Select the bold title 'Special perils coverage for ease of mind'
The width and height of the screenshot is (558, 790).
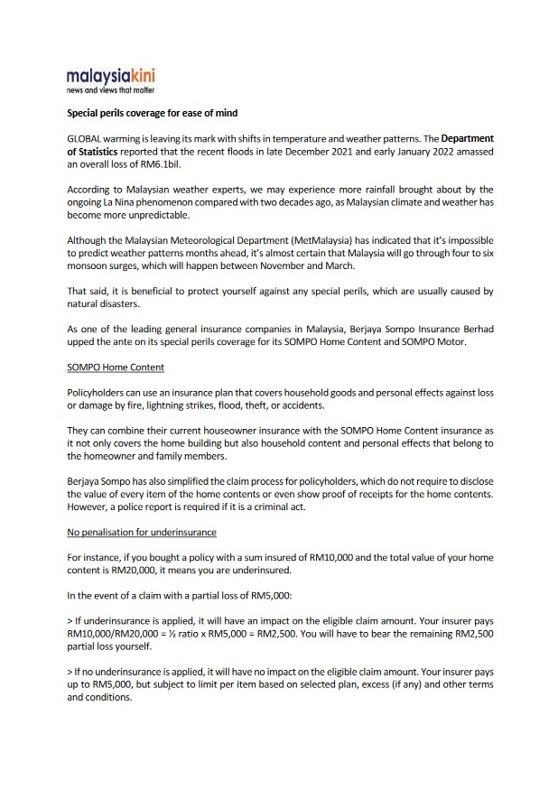[153, 114]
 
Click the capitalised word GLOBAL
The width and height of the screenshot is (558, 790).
[85, 139]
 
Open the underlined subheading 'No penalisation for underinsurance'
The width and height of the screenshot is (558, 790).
[142, 532]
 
